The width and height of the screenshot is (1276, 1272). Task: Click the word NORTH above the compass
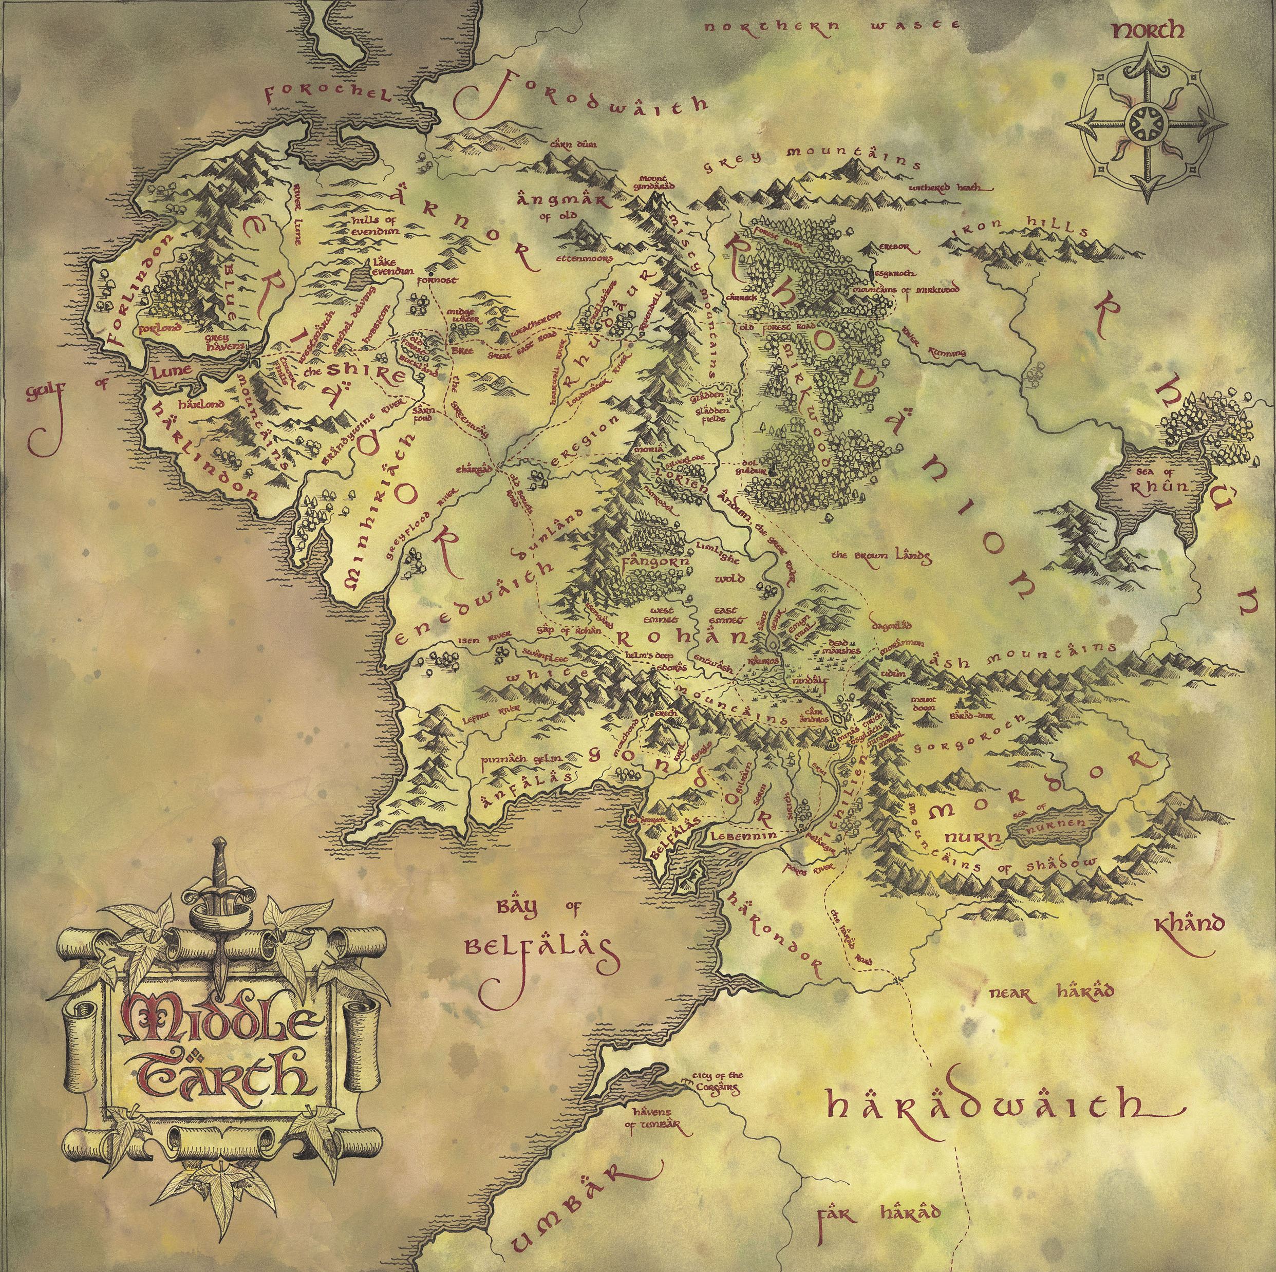click(1148, 30)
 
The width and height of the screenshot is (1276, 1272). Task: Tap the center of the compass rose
click(1146, 122)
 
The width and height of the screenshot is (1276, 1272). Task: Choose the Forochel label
click(328, 96)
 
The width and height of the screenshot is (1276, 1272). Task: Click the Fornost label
click(437, 280)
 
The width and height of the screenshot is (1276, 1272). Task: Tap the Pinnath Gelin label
click(520, 759)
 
